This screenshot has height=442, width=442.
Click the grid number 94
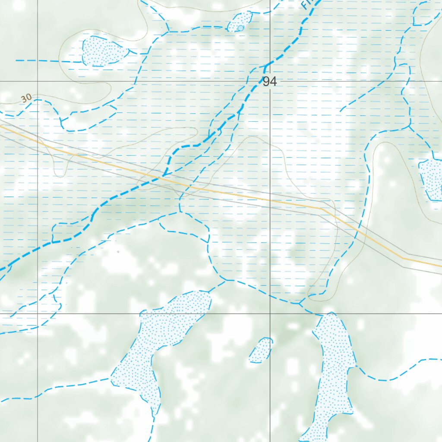point(269,82)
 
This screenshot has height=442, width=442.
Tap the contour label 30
point(26,98)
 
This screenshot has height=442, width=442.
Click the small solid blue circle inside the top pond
point(240,28)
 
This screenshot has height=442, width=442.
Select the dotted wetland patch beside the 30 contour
point(104,51)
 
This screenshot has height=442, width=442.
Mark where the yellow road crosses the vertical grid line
point(270,200)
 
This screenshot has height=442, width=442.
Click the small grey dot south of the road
point(118,251)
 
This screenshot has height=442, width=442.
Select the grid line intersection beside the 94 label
point(270,81)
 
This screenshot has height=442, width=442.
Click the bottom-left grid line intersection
point(38,313)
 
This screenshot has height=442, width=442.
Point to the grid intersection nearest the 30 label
point(38,81)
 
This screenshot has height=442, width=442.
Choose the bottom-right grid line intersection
point(270,313)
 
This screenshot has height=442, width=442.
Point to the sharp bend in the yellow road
point(322,209)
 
